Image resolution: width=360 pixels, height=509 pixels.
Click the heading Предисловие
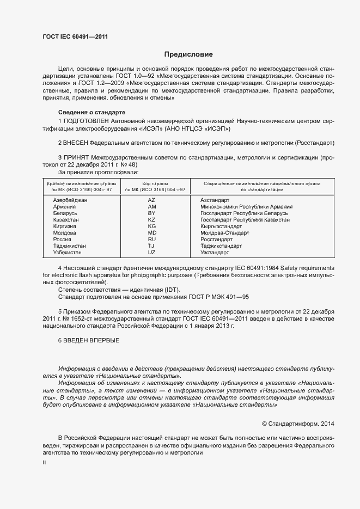click(x=188, y=54)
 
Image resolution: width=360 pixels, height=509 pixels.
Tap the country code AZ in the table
click(x=151, y=200)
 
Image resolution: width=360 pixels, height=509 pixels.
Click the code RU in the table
click(x=151, y=239)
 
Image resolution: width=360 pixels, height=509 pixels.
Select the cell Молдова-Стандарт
click(x=224, y=232)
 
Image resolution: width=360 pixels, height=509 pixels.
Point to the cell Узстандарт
click(x=215, y=252)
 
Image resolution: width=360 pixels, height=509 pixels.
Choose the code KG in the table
click(x=151, y=226)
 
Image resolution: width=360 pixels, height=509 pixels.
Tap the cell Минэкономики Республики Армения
click(x=246, y=207)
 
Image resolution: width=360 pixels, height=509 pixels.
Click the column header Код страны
click(x=155, y=184)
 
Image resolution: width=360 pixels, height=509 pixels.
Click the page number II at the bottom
click(x=44, y=462)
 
